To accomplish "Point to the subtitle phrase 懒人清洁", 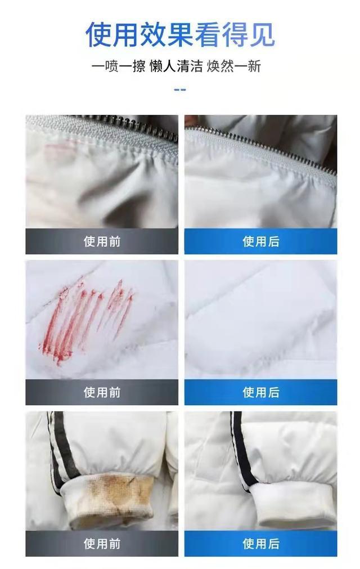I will click(176, 66).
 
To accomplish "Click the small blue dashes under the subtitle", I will click(180, 89).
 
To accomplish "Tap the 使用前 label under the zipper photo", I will click(102, 241).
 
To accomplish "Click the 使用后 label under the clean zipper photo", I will click(261, 241).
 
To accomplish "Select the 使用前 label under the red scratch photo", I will click(102, 392).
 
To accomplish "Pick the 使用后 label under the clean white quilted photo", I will click(261, 392).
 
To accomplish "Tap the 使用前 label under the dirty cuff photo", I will click(102, 544).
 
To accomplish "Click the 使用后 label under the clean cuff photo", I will click(261, 544).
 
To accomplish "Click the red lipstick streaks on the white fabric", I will click(84, 318).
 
